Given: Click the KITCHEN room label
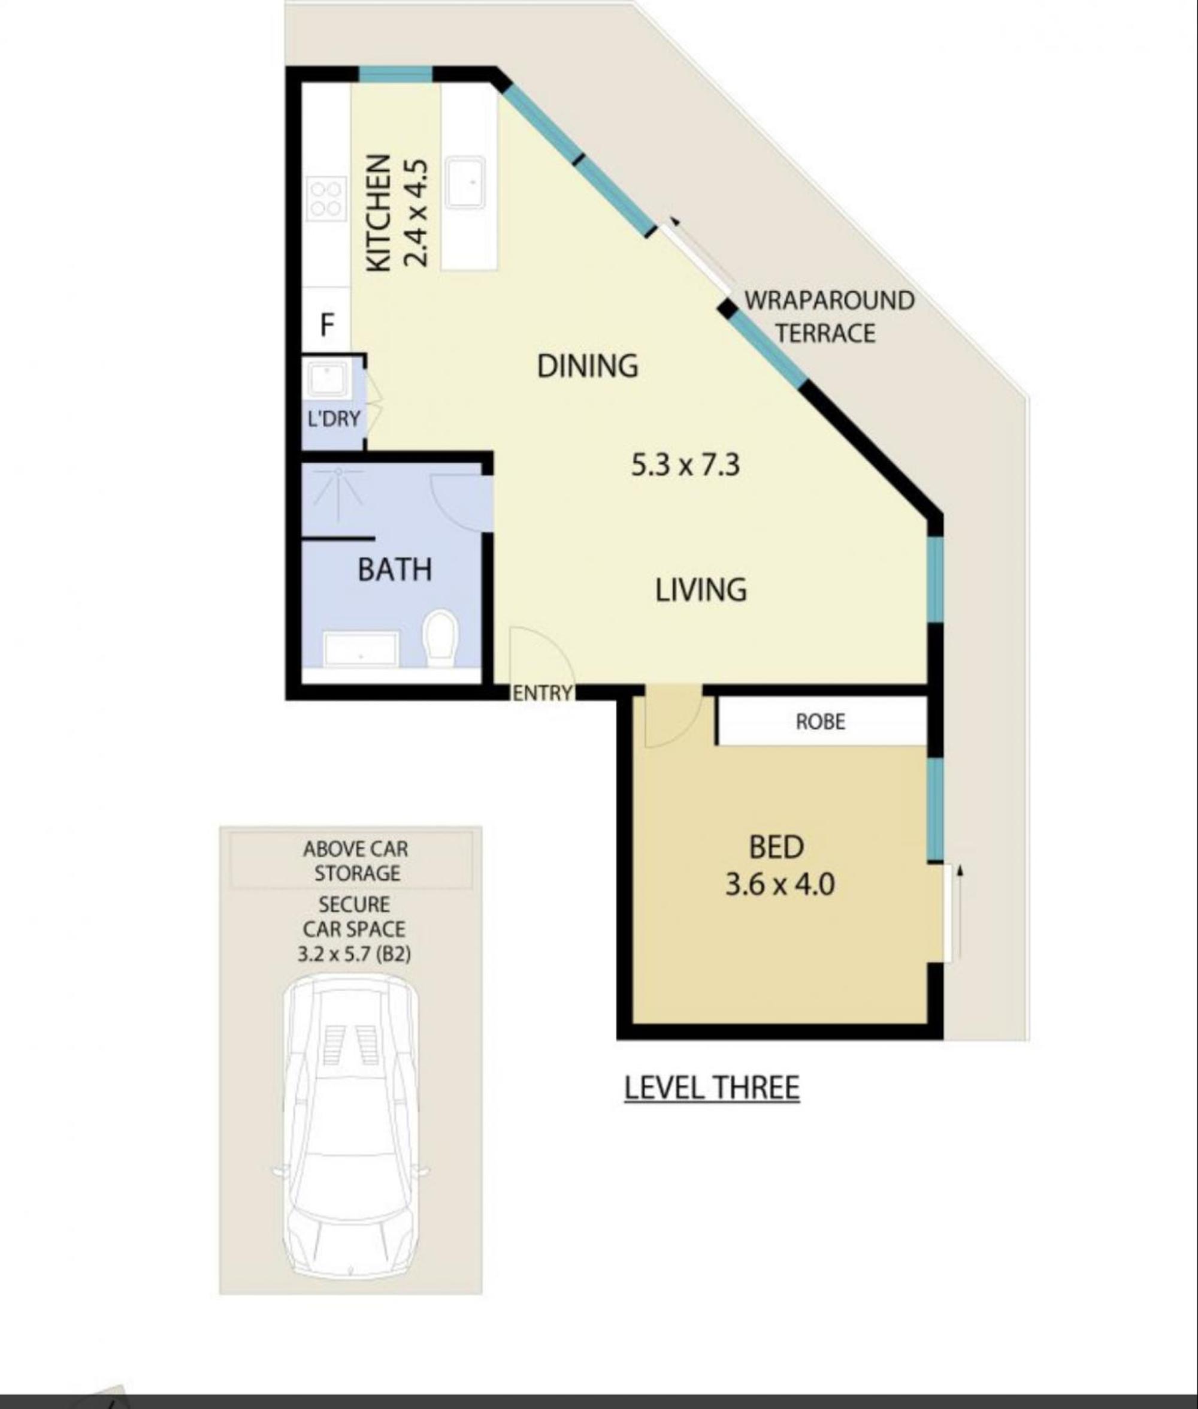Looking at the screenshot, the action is (379, 213).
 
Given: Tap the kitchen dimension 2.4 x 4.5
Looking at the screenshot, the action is (415, 213).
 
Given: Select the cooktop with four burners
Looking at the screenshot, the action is (326, 198).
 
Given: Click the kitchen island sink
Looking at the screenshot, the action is (465, 182).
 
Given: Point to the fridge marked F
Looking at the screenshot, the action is (326, 325).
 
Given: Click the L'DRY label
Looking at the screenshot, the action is (334, 419).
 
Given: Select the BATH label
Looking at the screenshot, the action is (395, 570).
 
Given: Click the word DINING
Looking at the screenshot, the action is (588, 366).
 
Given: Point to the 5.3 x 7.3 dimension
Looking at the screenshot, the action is (685, 465).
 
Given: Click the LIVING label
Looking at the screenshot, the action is (701, 590).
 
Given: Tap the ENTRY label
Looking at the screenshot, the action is (542, 693).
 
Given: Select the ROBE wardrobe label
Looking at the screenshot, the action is (821, 722).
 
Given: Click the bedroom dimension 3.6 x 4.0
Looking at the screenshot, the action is (780, 885).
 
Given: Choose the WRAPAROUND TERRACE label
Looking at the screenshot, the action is (829, 316).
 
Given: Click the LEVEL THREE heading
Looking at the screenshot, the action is (712, 1088).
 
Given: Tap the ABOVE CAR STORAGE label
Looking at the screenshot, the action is (356, 861).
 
